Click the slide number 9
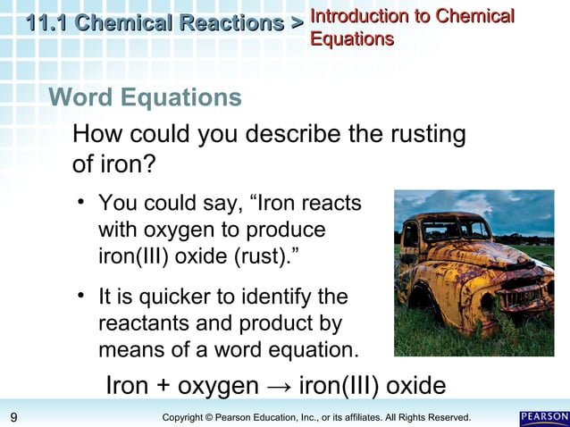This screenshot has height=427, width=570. [x=13, y=417]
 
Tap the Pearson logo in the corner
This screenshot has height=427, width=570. [x=542, y=417]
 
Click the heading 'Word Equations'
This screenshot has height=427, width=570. [x=145, y=96]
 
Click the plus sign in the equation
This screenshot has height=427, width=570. [x=162, y=387]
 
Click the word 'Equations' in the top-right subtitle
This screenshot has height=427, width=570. [x=352, y=38]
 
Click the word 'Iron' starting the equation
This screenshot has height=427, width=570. [x=128, y=386]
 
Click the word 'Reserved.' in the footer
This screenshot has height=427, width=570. [x=448, y=417]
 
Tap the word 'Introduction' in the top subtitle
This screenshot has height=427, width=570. [x=356, y=15]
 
